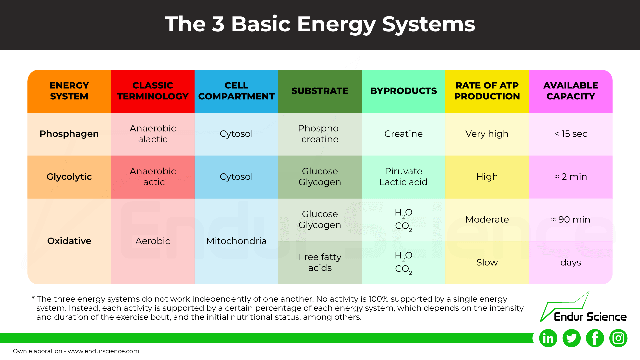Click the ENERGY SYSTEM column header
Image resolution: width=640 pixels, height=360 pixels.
[x=69, y=91]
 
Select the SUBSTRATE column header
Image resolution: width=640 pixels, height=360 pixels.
[x=320, y=91]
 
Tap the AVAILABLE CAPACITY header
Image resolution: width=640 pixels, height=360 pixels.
[x=570, y=91]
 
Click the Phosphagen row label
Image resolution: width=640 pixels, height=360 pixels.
[x=69, y=134]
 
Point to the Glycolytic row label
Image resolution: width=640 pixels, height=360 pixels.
[x=69, y=177]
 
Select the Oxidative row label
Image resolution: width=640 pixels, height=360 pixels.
[x=69, y=241]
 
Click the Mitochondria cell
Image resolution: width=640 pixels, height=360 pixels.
[x=236, y=241]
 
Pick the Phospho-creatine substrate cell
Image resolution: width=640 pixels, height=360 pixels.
[x=320, y=134]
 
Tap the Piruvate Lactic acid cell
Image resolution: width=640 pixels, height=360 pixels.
[x=403, y=177]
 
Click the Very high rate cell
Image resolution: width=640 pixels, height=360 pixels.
[x=487, y=134]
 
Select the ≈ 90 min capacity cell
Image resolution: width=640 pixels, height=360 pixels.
[x=570, y=219]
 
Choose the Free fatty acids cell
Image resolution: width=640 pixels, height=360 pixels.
[x=320, y=262]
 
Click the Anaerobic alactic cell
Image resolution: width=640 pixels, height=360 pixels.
[x=153, y=134]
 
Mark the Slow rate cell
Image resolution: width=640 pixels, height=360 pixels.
[x=487, y=262]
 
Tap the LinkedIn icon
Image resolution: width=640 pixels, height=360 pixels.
[x=548, y=338]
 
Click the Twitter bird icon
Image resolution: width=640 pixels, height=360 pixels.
[x=571, y=338]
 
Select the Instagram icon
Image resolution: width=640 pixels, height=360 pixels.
[x=618, y=338]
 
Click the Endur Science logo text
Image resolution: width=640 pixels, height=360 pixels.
[x=590, y=317]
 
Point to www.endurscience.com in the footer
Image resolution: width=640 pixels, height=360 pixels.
[x=103, y=351]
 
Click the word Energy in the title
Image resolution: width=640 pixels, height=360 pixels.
[x=336, y=24]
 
